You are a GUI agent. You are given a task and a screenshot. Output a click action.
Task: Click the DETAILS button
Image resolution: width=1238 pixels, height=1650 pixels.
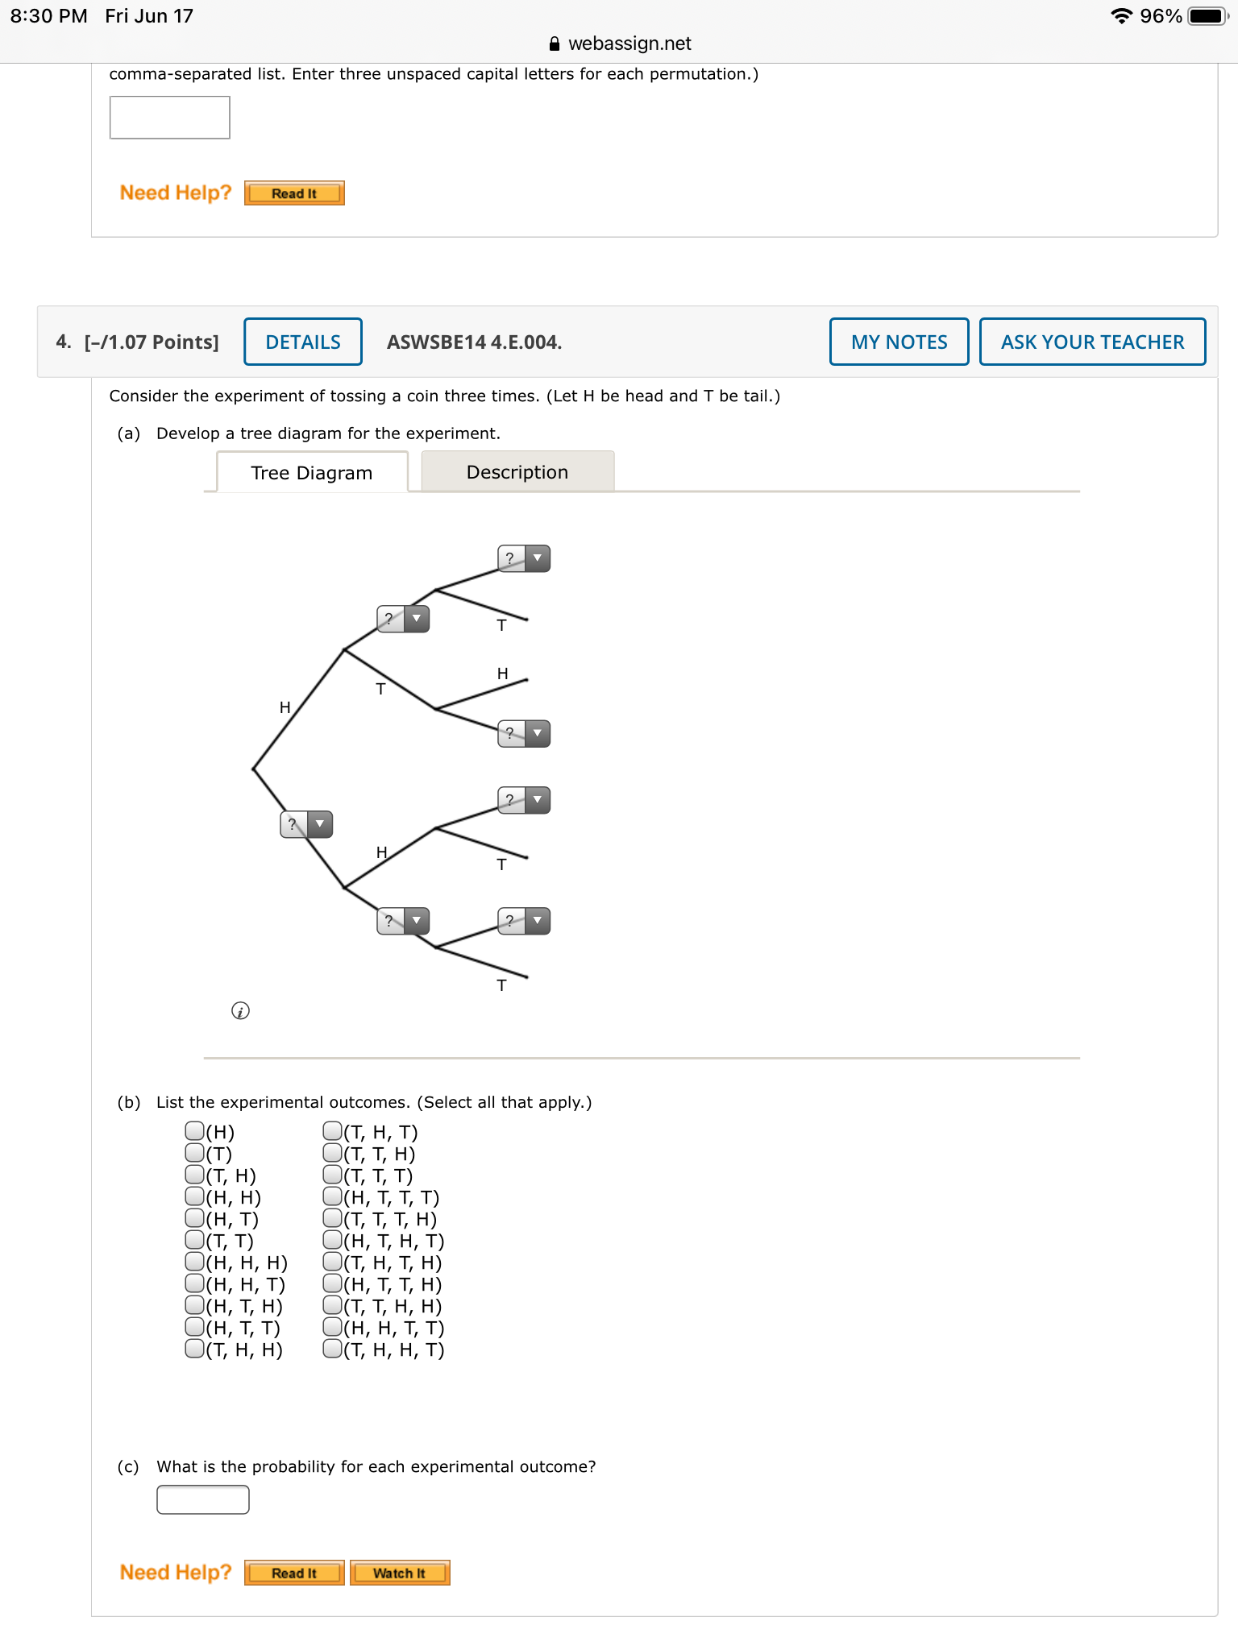[303, 342]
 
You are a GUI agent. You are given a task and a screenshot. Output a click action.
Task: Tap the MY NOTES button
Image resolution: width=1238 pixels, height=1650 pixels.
[899, 342]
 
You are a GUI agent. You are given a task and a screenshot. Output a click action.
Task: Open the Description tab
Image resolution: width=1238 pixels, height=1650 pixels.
[517, 472]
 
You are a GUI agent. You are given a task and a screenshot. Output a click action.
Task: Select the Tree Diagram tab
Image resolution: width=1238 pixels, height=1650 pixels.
[312, 473]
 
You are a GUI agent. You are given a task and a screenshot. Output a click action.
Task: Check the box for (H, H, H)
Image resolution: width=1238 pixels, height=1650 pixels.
[194, 1262]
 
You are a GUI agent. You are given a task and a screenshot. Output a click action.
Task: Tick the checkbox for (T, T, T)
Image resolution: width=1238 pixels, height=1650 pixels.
[332, 1175]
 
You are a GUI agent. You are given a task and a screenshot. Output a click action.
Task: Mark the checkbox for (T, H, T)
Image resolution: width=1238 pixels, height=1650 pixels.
[332, 1131]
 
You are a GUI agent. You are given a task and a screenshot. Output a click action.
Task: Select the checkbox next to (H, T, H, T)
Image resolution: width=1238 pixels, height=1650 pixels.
[332, 1240]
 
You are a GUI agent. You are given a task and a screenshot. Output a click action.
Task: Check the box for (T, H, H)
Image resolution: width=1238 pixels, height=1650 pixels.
[194, 1349]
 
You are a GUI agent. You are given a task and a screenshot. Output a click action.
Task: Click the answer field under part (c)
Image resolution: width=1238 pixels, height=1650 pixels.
[203, 1499]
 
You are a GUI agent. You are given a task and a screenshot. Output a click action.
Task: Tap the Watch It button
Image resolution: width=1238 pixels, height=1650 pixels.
[400, 1573]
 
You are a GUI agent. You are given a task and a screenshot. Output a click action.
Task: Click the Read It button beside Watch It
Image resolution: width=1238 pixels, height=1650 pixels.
[294, 1573]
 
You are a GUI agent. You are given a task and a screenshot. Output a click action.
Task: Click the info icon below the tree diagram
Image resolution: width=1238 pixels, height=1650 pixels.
[240, 1010]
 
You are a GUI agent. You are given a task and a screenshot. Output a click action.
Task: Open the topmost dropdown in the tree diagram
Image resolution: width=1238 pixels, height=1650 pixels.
[524, 558]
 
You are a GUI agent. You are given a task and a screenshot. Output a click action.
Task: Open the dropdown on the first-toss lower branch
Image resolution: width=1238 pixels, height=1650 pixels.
[306, 824]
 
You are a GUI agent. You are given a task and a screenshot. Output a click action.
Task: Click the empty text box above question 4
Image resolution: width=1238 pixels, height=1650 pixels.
[170, 118]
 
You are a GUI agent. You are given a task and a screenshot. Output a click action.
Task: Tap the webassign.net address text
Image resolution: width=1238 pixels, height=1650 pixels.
[629, 44]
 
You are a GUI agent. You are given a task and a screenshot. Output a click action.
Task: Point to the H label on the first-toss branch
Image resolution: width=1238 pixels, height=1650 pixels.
[285, 707]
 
